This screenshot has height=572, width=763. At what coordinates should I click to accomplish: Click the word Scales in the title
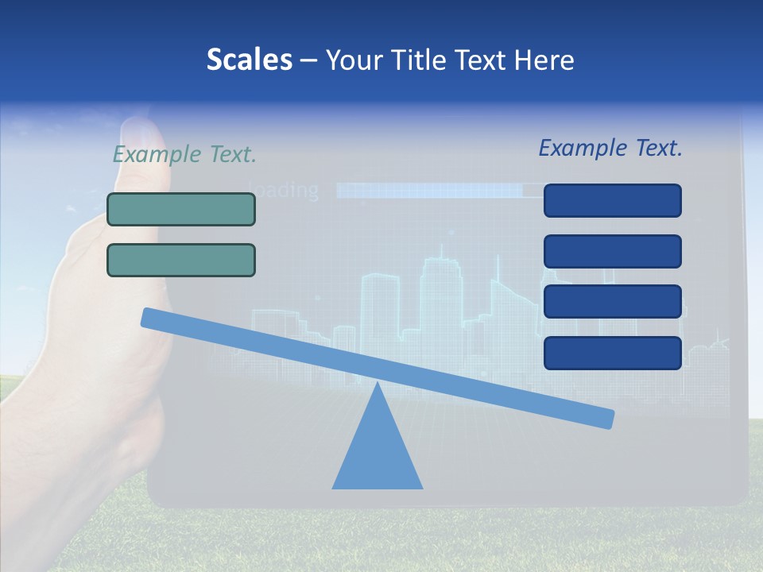pos(249,60)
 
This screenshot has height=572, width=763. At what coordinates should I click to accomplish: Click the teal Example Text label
pos(184,154)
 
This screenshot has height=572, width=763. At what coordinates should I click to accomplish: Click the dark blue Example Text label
pos(610,148)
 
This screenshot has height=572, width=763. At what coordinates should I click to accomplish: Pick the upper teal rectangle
pos(181,209)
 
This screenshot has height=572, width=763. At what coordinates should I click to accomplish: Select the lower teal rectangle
pos(181,260)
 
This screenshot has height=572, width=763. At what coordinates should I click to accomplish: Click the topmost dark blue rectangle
pos(612,200)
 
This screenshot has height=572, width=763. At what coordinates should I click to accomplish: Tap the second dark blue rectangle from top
pos(612,251)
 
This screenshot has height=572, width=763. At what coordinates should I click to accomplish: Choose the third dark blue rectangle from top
pos(612,301)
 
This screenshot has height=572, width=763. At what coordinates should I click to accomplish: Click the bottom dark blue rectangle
pos(612,353)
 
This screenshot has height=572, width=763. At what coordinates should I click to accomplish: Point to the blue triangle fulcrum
pos(377,449)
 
